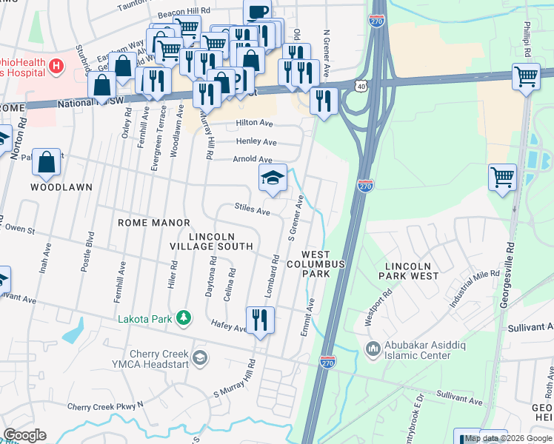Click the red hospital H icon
tap(55, 67)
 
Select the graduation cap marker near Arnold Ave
tap(273, 178)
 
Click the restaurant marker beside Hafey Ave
tap(259, 320)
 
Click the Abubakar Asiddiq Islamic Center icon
tap(372, 347)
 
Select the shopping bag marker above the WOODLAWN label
tap(46, 163)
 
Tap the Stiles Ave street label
tap(252, 210)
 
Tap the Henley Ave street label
tap(256, 141)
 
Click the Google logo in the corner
tap(24, 435)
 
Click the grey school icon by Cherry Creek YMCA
tap(199, 358)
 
